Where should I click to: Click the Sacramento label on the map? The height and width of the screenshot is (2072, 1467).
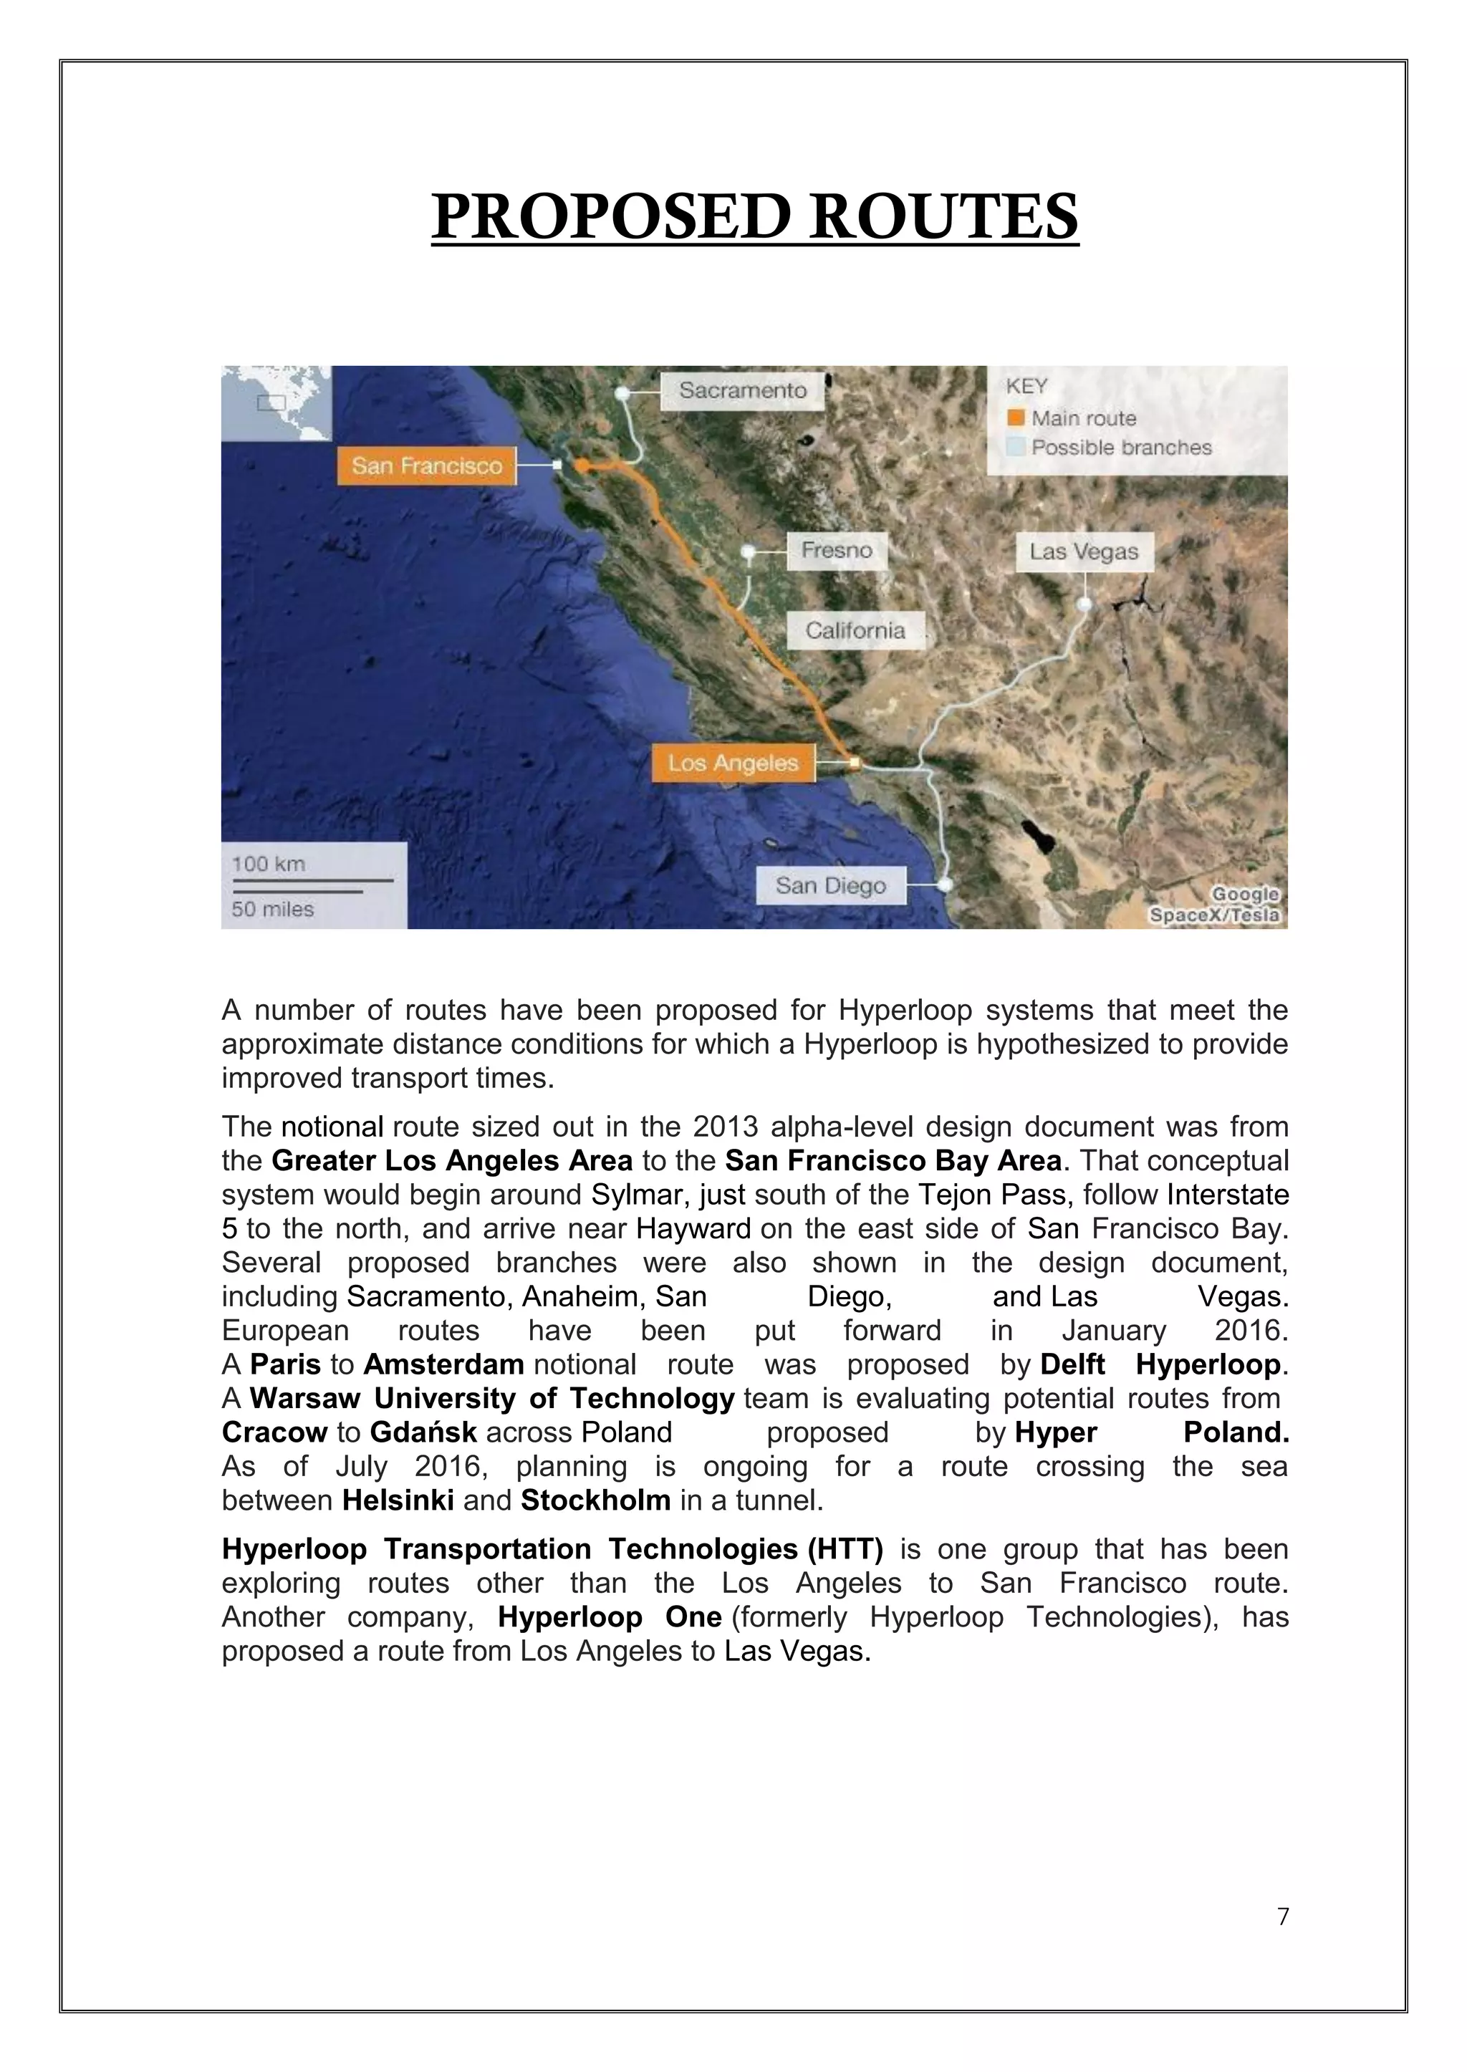click(x=743, y=390)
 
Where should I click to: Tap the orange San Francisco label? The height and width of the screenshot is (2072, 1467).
click(x=426, y=466)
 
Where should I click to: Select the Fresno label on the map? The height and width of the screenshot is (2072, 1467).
click(x=837, y=550)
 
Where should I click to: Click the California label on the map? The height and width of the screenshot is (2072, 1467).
click(x=855, y=630)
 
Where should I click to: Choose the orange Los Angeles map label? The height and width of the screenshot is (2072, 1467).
click(x=733, y=763)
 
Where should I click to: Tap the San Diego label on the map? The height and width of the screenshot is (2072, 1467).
click(x=830, y=885)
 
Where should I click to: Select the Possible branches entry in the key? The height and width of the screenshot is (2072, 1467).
click(x=1121, y=447)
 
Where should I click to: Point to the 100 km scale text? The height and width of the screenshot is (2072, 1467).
click(x=269, y=864)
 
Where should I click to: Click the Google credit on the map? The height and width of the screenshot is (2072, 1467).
click(x=1245, y=893)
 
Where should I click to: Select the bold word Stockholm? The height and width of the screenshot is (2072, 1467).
click(x=595, y=1500)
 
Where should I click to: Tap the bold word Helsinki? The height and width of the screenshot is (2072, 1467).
click(x=398, y=1500)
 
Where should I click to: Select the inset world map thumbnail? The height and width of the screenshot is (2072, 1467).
click(x=276, y=403)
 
